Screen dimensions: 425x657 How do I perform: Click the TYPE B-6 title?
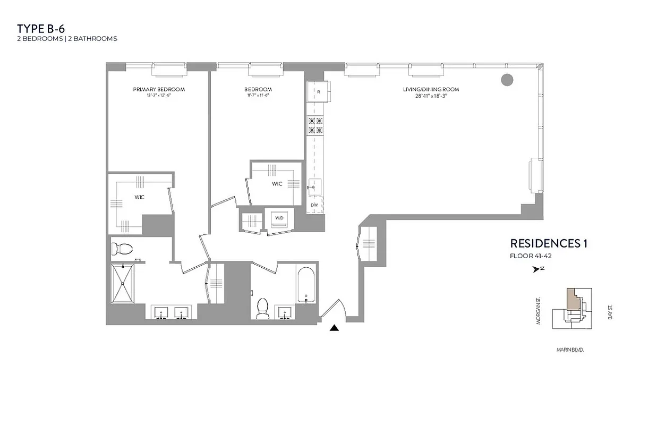[x=41, y=29]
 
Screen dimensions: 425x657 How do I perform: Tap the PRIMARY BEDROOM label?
[x=159, y=89]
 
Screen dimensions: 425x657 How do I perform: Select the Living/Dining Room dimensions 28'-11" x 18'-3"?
[x=430, y=96]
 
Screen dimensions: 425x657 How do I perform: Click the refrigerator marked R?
[x=318, y=92]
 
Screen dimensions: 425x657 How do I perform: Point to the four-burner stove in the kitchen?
[x=314, y=125]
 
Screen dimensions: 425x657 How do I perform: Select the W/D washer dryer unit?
[x=278, y=218]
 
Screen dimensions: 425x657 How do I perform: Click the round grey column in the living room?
[x=507, y=80]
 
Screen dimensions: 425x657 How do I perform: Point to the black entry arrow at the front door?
[x=334, y=328]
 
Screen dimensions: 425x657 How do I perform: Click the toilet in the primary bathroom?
[x=124, y=248]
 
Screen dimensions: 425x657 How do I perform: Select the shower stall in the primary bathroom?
[x=123, y=283]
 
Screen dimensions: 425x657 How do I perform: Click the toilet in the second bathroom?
[x=262, y=308]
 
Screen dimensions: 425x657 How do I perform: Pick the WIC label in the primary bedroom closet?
[x=140, y=197]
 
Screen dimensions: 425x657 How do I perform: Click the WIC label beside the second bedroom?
[x=277, y=184]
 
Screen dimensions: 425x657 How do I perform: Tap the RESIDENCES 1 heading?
[x=549, y=244]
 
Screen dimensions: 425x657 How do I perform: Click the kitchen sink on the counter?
[x=313, y=185]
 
